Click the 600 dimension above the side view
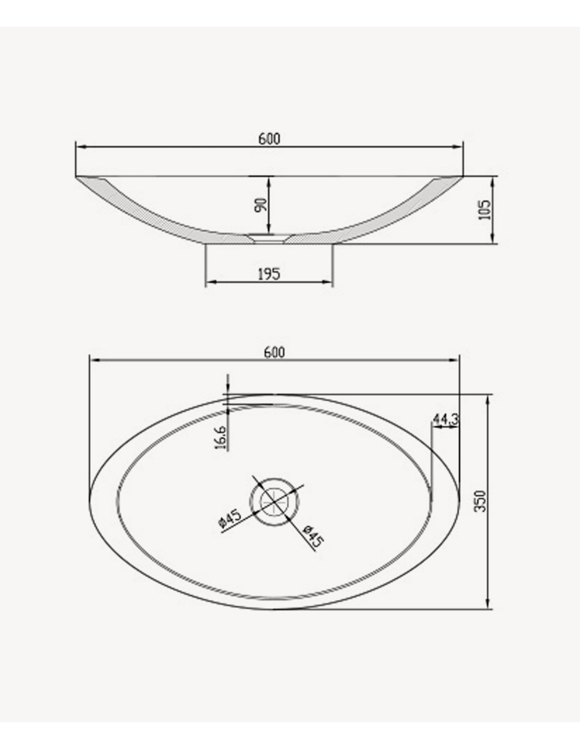click(269, 139)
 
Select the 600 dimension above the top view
click(274, 352)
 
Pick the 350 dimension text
click(480, 501)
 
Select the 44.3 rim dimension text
click(446, 419)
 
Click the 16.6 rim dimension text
click(220, 438)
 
